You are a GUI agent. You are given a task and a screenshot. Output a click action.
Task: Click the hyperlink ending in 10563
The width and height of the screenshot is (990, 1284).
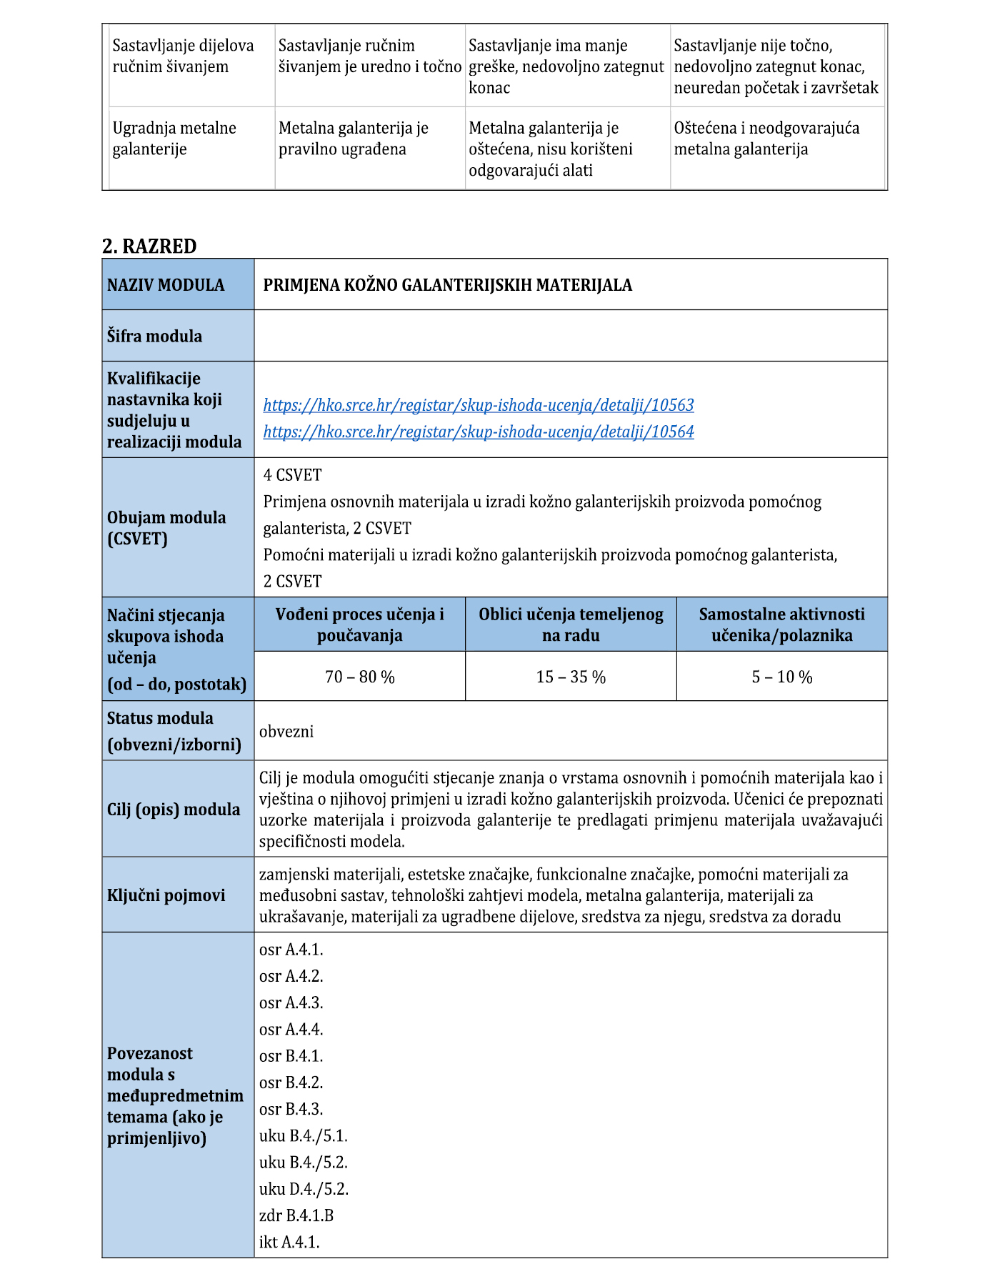[x=478, y=405]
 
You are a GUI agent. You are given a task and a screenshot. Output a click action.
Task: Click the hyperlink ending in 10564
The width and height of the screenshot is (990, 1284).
[x=478, y=432]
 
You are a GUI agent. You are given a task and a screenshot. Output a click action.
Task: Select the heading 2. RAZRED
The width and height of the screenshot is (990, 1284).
[x=149, y=247]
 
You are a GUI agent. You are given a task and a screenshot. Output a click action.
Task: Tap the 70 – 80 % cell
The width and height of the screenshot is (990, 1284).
[x=359, y=677]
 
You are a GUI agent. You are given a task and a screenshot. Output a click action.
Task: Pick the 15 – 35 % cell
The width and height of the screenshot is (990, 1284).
[x=571, y=677]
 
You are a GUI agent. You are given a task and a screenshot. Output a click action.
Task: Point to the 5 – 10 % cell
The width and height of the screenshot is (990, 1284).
[x=781, y=677]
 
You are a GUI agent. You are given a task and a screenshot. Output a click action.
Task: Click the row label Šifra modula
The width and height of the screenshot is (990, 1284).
[x=154, y=336]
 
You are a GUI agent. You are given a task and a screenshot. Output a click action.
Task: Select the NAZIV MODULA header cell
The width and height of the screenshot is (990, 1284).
[x=166, y=285]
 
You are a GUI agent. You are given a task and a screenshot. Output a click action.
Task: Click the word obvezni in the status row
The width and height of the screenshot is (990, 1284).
[x=286, y=732]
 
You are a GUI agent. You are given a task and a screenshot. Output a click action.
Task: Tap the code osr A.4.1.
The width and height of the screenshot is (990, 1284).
[x=291, y=950]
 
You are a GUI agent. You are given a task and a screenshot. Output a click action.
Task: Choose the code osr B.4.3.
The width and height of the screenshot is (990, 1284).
[x=291, y=1109]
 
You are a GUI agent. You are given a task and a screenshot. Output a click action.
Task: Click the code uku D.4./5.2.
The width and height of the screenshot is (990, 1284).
[x=304, y=1189]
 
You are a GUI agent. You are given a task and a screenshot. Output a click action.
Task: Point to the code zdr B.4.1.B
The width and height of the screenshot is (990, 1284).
[x=296, y=1215]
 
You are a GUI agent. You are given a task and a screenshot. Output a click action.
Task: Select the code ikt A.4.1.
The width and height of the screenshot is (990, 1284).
[x=289, y=1242]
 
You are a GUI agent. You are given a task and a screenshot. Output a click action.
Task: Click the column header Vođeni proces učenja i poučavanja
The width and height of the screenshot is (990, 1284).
[x=359, y=624]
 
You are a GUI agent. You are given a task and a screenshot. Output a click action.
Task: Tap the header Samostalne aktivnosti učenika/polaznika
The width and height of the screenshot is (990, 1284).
[x=781, y=624]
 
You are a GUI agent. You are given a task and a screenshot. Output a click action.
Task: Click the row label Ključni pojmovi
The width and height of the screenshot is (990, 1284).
[x=166, y=895]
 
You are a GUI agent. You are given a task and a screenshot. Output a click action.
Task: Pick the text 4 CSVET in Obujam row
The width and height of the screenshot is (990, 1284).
[x=292, y=475]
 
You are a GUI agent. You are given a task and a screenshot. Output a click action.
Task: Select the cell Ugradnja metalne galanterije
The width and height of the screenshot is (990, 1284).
[x=174, y=139]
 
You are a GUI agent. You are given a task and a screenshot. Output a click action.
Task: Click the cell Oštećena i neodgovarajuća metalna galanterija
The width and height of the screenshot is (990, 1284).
[x=766, y=139]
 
